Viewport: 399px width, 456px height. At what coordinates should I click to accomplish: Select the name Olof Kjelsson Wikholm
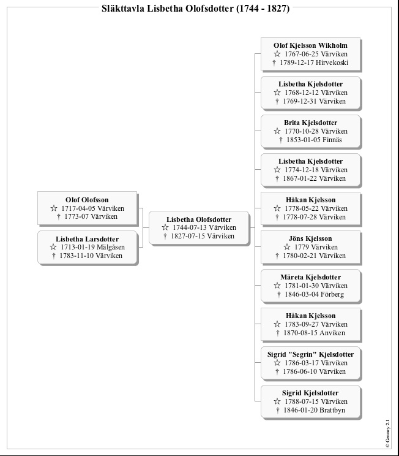[x=310, y=45]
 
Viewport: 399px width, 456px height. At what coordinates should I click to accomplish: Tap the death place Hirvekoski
[x=332, y=63]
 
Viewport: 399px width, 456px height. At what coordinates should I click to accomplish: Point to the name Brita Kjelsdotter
[x=310, y=123]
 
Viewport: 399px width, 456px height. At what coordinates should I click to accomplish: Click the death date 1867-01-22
[x=300, y=178]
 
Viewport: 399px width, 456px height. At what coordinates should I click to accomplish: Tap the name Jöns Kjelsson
[x=310, y=238]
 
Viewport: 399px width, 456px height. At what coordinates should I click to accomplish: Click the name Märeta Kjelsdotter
[x=310, y=277]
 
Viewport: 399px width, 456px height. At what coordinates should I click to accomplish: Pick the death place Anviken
[x=332, y=333]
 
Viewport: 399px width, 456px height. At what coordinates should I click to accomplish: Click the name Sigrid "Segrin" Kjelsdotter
[x=310, y=354]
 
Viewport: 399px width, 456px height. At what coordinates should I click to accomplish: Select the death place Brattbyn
[x=332, y=411]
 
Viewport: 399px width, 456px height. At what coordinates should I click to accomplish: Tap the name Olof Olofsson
[x=87, y=200]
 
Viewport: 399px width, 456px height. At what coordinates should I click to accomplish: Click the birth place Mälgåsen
[x=111, y=247]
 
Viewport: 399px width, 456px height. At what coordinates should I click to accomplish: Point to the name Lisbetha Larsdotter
[x=87, y=239]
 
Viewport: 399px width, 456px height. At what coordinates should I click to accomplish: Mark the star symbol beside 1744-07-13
[x=165, y=227]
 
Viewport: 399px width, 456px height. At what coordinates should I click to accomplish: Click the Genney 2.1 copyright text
[x=387, y=433]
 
